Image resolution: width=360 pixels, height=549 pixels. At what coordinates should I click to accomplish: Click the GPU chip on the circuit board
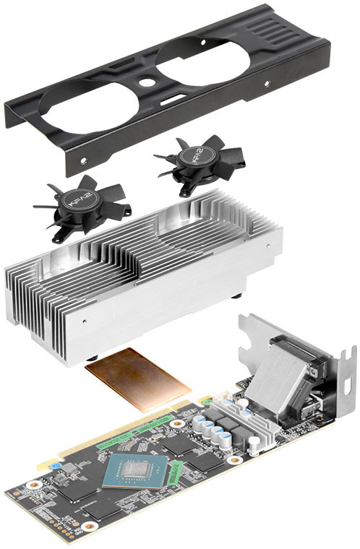(131, 474)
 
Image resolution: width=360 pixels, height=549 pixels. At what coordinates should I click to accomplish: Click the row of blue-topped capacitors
(213, 432)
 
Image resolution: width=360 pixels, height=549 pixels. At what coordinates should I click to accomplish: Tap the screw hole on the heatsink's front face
(85, 317)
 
